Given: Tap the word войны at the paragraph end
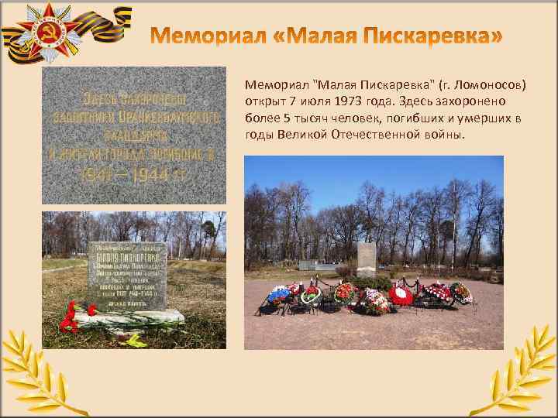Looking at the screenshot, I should [x=446, y=135].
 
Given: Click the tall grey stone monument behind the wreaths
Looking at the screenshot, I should [x=367, y=259].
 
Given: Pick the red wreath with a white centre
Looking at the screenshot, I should [x=401, y=295].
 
